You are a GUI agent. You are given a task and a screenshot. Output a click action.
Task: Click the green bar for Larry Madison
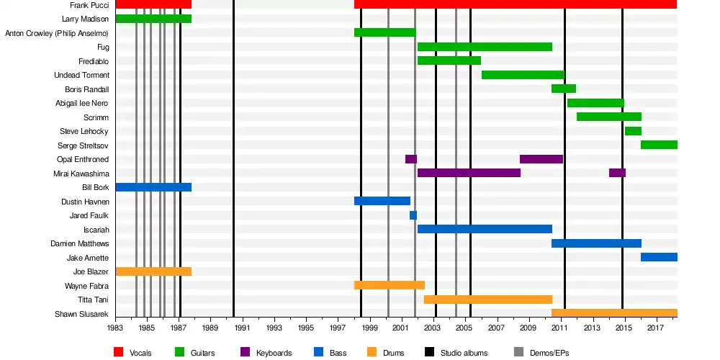click(x=153, y=19)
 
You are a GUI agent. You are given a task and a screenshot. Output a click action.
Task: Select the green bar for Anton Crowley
click(x=384, y=32)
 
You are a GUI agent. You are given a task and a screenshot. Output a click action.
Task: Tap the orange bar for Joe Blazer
click(x=153, y=271)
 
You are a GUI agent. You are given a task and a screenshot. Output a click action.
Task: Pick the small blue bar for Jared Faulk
click(x=413, y=215)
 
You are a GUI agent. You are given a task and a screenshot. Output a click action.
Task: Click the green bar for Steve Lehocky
click(x=633, y=131)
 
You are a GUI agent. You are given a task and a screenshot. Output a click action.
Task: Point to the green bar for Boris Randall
click(x=564, y=89)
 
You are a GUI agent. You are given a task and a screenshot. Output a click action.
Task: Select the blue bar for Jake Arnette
click(x=659, y=257)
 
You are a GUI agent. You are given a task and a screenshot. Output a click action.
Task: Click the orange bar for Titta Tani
click(x=488, y=300)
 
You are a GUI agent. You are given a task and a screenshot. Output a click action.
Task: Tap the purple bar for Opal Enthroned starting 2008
click(x=541, y=159)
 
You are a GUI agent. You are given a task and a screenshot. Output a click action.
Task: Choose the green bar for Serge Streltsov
click(x=659, y=145)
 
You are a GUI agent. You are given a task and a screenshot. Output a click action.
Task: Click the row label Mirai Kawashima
click(x=81, y=174)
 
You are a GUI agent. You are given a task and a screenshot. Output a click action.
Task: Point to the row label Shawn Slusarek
click(x=82, y=314)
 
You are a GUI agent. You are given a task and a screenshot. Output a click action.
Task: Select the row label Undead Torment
click(x=82, y=75)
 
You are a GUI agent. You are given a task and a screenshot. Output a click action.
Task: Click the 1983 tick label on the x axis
click(x=115, y=328)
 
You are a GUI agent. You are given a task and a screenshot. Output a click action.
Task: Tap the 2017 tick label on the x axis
click(x=655, y=328)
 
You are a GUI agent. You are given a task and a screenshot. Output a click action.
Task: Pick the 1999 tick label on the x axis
click(x=369, y=328)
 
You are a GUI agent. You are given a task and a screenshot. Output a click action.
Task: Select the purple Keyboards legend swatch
click(x=244, y=353)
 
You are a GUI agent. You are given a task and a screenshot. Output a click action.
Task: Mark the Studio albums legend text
click(x=464, y=353)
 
